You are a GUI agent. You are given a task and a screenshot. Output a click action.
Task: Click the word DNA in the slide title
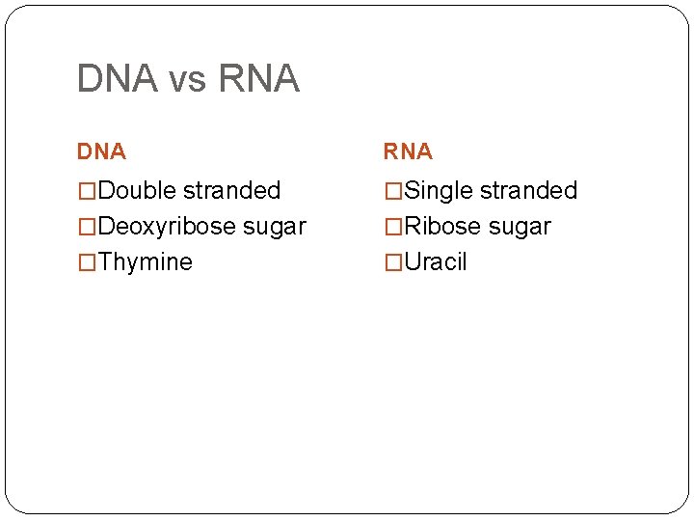117,79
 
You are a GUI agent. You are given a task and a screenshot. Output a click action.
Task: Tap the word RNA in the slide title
259,79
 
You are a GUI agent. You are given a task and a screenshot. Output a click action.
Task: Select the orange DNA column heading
101,151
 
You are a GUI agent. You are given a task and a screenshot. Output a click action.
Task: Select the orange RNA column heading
408,151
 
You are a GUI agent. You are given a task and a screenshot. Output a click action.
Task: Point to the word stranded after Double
231,191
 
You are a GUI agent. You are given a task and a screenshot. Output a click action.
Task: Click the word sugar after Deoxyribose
275,229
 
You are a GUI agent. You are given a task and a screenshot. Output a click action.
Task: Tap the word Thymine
145,262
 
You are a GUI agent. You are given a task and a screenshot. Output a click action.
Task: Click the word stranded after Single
528,191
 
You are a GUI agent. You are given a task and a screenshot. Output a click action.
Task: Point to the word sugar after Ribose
520,229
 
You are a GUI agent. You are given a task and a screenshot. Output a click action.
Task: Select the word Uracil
436,262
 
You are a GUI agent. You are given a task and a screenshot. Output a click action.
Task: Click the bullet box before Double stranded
87,192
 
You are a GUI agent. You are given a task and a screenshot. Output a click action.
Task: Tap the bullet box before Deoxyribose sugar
87,228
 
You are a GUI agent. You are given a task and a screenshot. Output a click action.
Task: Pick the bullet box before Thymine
87,262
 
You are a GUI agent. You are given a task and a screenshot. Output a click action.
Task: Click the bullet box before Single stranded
393,192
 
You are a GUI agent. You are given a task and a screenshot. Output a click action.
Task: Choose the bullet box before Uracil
393,262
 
